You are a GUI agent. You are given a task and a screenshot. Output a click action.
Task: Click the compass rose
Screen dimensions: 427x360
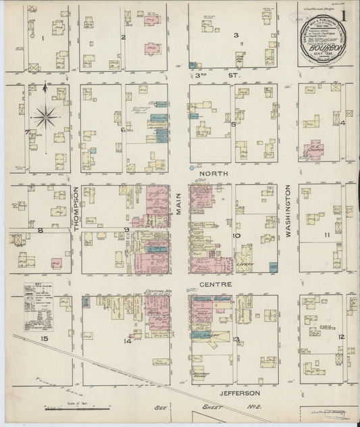45,116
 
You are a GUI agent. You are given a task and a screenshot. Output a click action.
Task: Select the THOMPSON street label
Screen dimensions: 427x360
76,209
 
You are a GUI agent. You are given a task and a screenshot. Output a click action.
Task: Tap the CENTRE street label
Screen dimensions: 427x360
215,284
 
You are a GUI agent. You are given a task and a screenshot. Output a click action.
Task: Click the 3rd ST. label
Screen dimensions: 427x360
203,76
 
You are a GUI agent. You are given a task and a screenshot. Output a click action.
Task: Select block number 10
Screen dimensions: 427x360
237,236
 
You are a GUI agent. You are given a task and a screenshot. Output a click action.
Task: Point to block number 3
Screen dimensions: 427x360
236,34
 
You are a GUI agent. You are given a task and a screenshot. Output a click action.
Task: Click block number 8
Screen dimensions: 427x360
41,230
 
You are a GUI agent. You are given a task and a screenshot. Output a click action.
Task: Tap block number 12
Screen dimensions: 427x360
341,336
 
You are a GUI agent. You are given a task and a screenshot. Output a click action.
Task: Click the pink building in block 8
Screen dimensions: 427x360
57,263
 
